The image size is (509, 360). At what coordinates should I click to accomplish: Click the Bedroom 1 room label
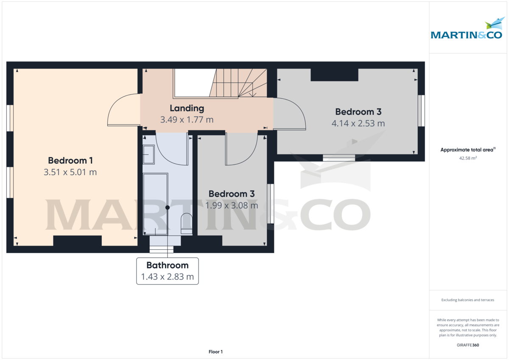pyautogui.click(x=70, y=161)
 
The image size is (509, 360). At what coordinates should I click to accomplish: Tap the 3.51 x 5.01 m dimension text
pyautogui.click(x=70, y=172)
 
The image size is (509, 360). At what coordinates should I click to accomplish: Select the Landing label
pyautogui.click(x=187, y=109)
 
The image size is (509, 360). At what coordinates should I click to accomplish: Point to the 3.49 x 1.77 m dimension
pyautogui.click(x=187, y=120)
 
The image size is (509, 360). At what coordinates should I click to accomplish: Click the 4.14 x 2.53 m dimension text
pyautogui.click(x=358, y=123)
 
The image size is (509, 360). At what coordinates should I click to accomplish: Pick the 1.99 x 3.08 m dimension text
pyautogui.click(x=232, y=206)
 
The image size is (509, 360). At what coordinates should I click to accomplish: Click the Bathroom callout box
pyautogui.click(x=168, y=271)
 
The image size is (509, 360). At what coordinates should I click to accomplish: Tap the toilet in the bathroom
pyautogui.click(x=186, y=223)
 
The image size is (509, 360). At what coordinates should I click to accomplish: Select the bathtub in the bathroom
pyautogui.click(x=155, y=204)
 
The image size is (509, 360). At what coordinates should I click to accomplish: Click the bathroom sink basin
pyautogui.click(x=148, y=154)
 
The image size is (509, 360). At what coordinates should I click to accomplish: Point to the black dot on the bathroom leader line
pyautogui.click(x=168, y=207)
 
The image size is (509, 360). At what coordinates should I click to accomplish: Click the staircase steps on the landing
pyautogui.click(x=238, y=83)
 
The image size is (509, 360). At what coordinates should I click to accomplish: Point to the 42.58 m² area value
pyautogui.click(x=468, y=158)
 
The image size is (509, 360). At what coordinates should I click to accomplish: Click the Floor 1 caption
pyautogui.click(x=215, y=352)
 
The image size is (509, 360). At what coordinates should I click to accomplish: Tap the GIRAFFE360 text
pyautogui.click(x=468, y=345)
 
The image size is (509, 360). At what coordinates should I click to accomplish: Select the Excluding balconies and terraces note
pyautogui.click(x=467, y=300)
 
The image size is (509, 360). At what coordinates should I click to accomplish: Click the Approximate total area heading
pyautogui.click(x=468, y=150)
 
